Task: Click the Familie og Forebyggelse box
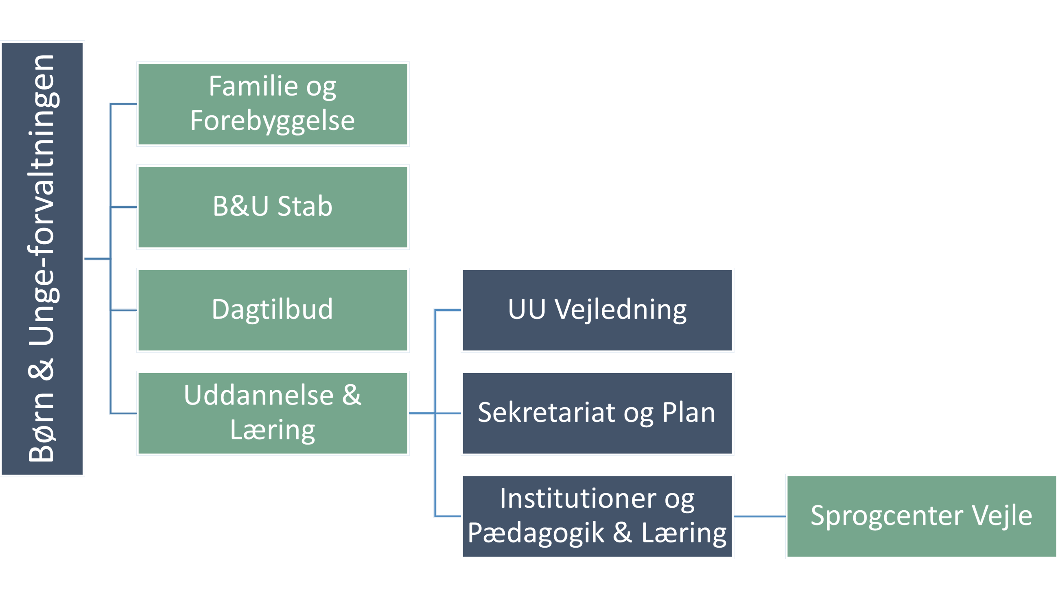[273, 104]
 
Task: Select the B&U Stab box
[273, 208]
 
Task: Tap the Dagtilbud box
[273, 310]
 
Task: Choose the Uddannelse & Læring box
[273, 413]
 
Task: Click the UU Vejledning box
[597, 310]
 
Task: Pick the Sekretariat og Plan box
[597, 413]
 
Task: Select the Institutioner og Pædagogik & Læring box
[597, 516]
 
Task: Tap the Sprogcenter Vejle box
[921, 516]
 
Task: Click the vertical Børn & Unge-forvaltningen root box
[42, 259]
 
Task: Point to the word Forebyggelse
[272, 121]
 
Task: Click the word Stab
[305, 206]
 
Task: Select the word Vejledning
[621, 309]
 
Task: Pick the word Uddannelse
[259, 396]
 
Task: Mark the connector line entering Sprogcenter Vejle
[760, 516]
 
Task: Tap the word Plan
[689, 413]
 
